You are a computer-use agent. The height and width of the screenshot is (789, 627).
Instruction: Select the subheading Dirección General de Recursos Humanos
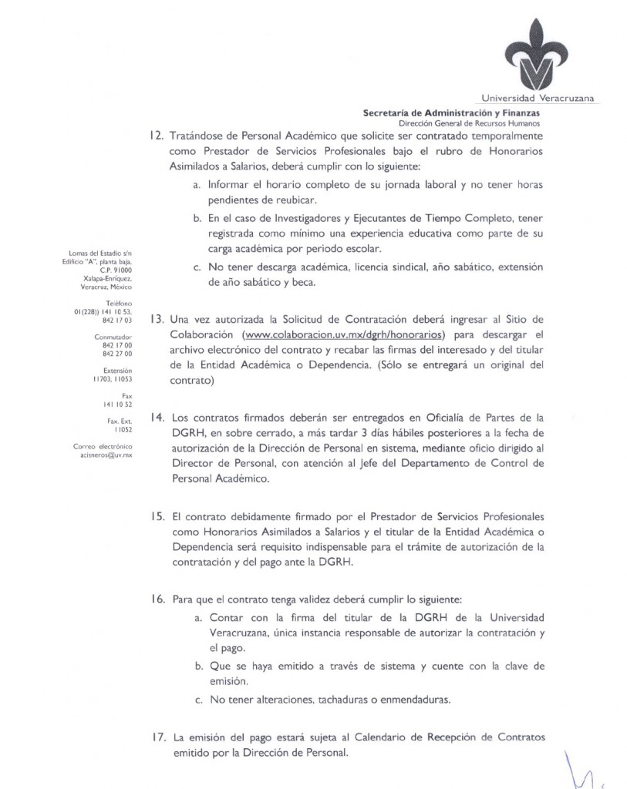coord(469,123)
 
